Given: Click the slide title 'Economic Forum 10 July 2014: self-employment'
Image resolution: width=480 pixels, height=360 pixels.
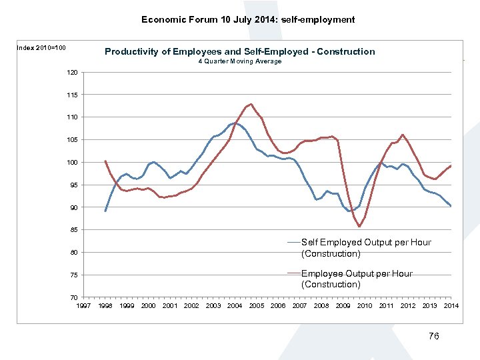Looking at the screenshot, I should (x=248, y=19).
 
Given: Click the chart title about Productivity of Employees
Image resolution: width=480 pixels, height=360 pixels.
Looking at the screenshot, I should (x=240, y=51).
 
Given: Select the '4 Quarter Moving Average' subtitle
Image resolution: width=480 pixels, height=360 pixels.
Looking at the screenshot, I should (x=240, y=61).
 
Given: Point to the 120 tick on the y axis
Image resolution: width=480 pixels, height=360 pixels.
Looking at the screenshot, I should (x=73, y=72).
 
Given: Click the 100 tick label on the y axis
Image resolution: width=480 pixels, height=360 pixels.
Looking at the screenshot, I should (x=73, y=162).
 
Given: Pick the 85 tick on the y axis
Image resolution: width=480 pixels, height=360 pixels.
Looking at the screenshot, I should (x=74, y=230).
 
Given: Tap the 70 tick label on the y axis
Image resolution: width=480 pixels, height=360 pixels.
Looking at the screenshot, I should (x=74, y=297).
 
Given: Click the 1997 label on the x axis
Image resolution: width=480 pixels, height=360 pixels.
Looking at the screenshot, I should (x=84, y=305).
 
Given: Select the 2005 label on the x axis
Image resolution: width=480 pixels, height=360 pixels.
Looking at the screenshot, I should (x=257, y=305).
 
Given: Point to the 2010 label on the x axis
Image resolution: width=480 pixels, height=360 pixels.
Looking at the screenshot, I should (x=365, y=305).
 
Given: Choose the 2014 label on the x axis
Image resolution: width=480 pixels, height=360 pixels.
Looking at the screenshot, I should (x=451, y=305).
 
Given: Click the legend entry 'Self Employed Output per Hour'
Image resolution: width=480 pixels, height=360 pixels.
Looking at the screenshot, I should (x=366, y=247).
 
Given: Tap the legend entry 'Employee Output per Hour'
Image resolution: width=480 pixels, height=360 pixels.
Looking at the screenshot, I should (x=357, y=279).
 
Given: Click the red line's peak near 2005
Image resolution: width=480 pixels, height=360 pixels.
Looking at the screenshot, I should (x=251, y=104).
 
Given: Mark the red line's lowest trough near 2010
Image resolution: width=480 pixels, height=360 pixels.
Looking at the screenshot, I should (x=359, y=227).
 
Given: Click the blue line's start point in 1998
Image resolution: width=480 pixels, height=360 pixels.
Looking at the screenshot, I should (x=105, y=211).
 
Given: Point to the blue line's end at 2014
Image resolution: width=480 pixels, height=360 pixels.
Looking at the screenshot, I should (x=451, y=206).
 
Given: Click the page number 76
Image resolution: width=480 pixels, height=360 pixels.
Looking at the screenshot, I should (x=433, y=337).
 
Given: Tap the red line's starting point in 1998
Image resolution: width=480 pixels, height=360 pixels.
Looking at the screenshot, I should (x=105, y=161).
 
